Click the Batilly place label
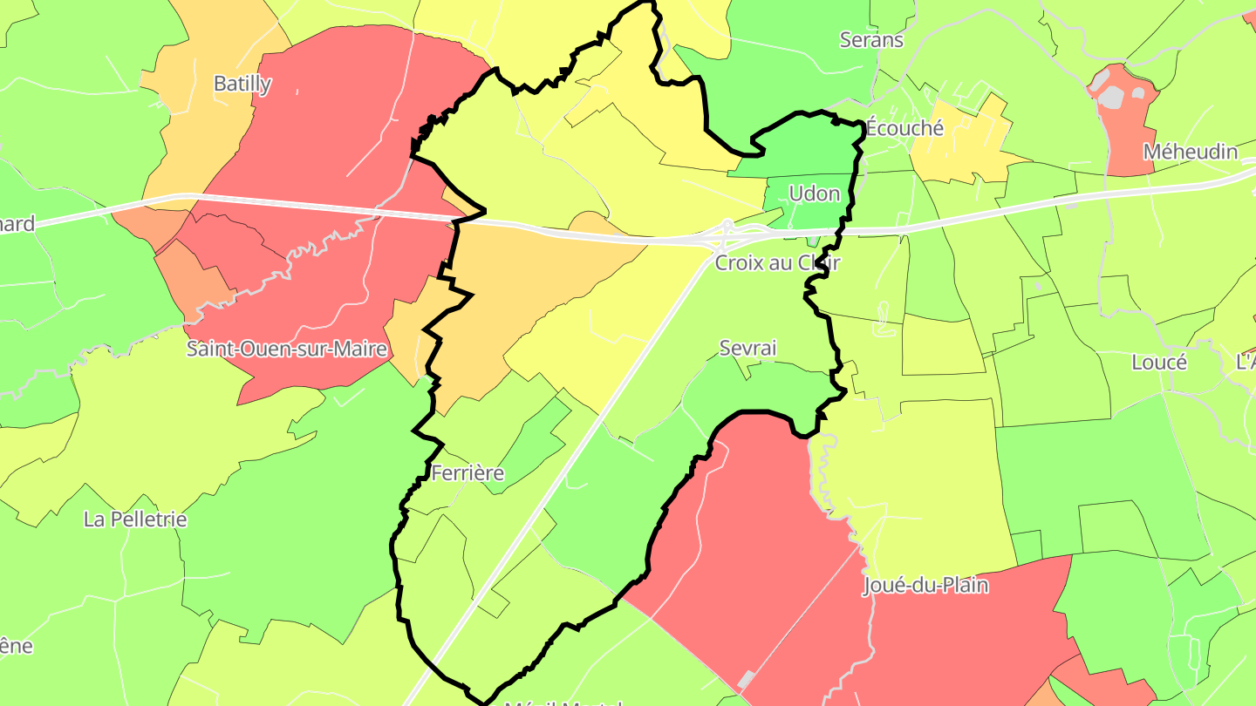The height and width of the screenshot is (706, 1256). [242, 85]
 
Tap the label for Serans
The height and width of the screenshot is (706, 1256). [871, 39]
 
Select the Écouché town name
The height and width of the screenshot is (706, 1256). [904, 128]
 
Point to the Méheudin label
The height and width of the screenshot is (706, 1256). [1190, 152]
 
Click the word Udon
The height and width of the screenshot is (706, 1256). [814, 193]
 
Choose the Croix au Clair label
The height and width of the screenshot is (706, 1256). [777, 262]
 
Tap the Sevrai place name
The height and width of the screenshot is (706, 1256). [747, 348]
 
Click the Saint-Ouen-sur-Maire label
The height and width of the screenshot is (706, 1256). [287, 350]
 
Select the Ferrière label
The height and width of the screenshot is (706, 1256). [468, 473]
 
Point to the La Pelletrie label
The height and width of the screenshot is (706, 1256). [135, 519]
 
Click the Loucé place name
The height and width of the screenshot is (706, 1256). [1158, 363]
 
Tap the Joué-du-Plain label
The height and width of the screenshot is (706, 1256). [925, 585]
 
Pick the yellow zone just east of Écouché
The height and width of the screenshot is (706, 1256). [959, 144]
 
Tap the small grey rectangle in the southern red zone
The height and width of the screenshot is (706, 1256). [747, 679]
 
